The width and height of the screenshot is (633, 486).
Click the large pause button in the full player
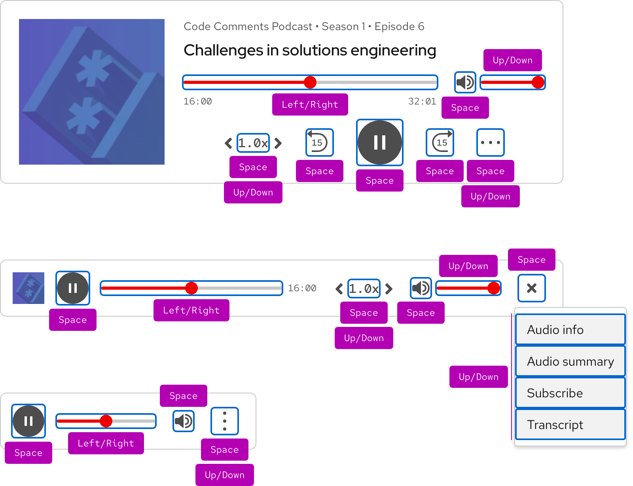380,142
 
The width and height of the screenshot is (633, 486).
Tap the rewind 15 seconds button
319,142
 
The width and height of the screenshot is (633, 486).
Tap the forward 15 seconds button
440,142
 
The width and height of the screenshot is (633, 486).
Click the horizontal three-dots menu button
491,142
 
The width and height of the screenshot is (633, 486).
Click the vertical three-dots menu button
225,421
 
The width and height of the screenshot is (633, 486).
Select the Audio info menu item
570,330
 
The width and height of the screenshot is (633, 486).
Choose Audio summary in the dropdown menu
570,361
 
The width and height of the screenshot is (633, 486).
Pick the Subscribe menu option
570,393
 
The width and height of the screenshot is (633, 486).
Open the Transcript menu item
570,425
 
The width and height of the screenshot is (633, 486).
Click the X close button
532,288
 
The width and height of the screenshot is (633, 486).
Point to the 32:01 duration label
422,102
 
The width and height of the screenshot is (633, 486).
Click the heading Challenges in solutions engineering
310,51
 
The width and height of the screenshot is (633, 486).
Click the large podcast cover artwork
92,92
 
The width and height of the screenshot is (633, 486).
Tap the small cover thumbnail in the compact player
28,288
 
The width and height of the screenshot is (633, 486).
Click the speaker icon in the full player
465,82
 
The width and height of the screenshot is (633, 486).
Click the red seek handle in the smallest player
106,421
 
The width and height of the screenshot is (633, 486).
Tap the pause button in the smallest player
28,421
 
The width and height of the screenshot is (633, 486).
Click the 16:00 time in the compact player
302,289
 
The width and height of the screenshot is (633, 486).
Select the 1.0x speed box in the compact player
364,289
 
